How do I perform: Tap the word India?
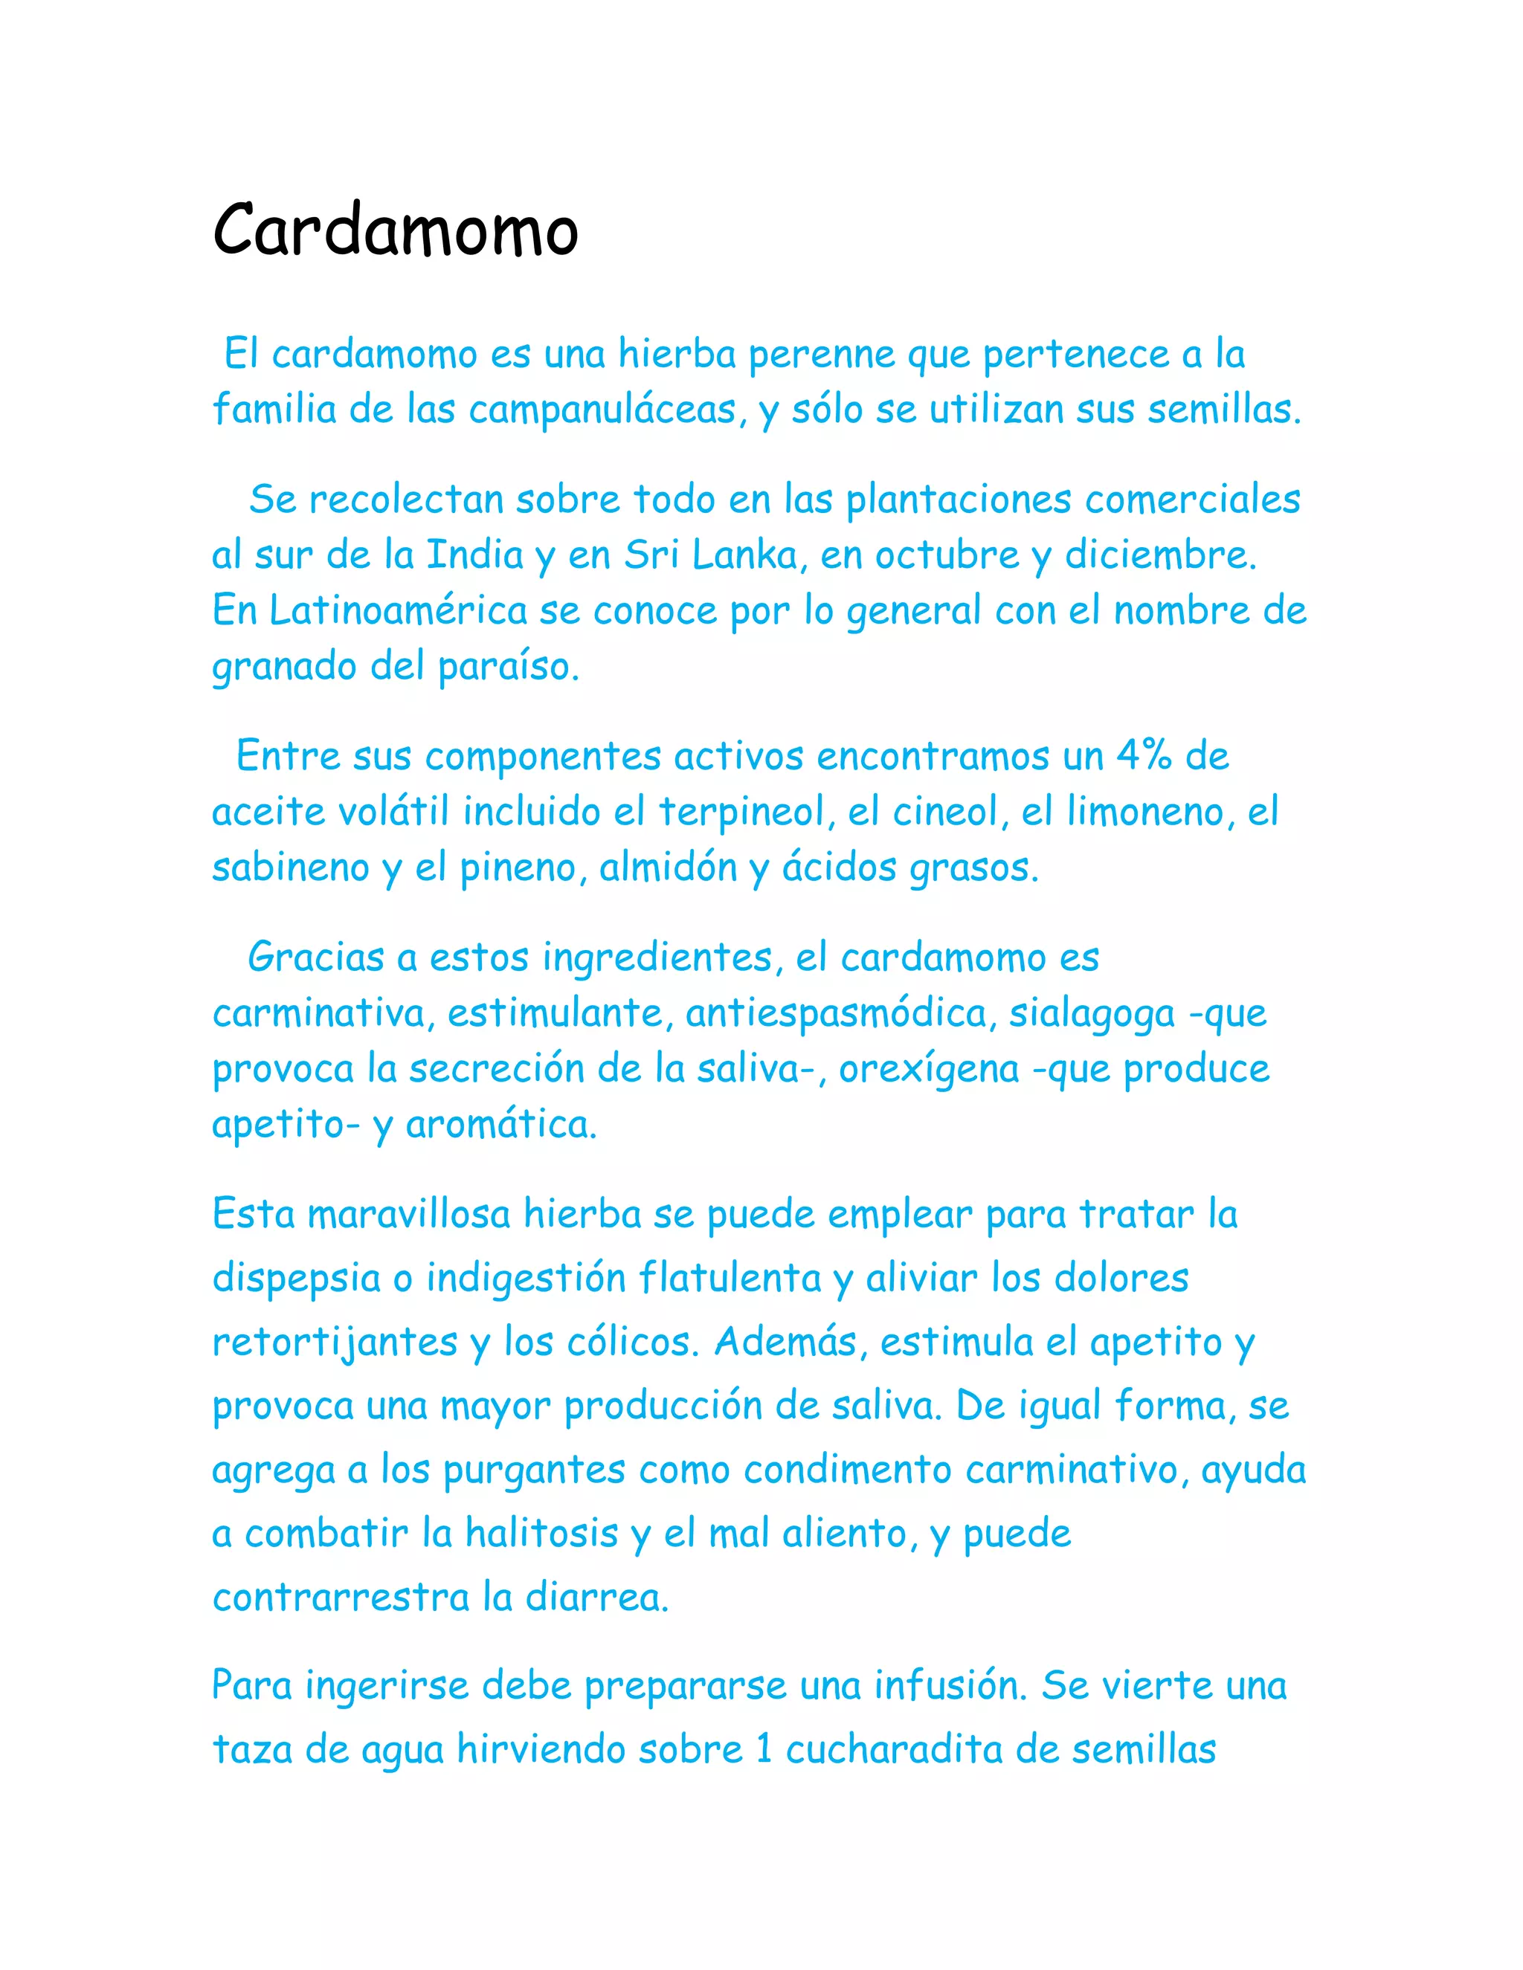click(x=474, y=555)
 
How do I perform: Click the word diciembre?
click(x=1160, y=555)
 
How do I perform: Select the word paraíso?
click(x=508, y=668)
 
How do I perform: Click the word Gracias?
click(x=316, y=957)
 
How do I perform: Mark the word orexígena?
click(x=930, y=1070)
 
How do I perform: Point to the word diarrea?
click(x=597, y=1598)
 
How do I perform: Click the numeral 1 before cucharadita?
click(x=764, y=1750)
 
